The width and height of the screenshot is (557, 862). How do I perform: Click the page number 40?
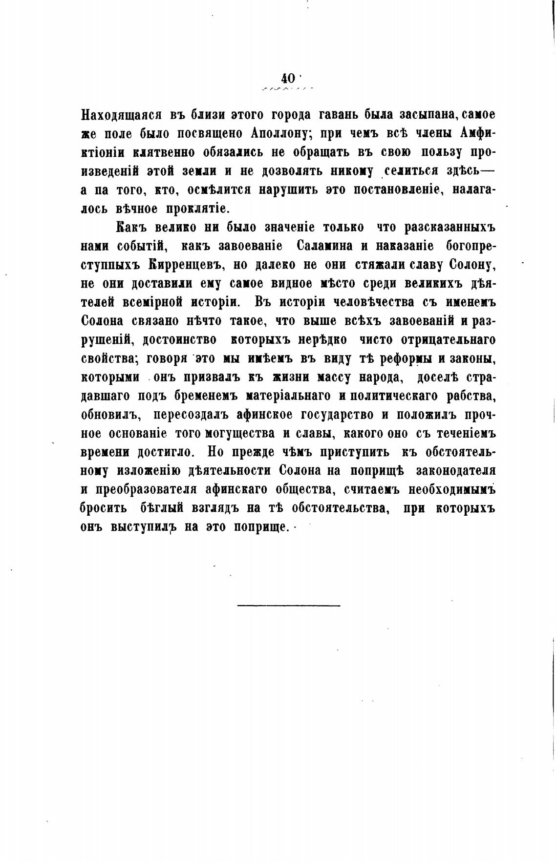[288, 78]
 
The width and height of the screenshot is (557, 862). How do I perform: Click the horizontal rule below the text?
[288, 606]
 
